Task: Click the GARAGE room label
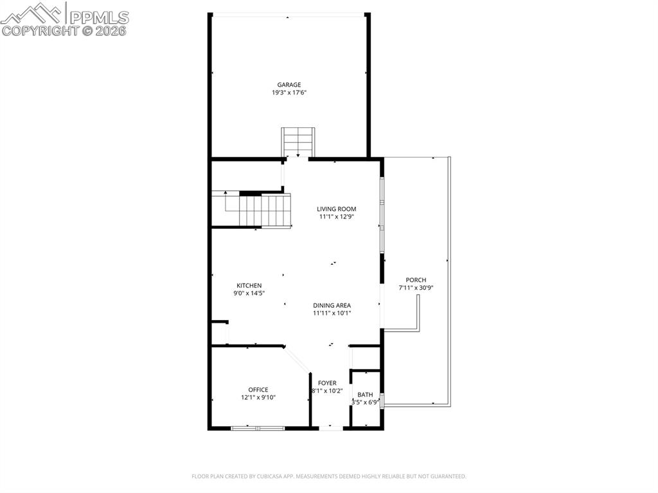(289, 84)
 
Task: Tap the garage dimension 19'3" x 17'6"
(289, 93)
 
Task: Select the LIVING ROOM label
(336, 209)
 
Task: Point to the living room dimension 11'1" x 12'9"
(336, 217)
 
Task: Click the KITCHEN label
(249, 285)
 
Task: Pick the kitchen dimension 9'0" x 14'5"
(249, 293)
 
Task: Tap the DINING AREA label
(332, 305)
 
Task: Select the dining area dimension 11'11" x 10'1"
(332, 313)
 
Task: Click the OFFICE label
(258, 390)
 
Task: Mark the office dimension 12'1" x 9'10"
(258, 397)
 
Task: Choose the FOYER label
(327, 383)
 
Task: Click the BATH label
(365, 395)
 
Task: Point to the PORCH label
(416, 280)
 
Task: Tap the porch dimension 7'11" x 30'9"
(416, 287)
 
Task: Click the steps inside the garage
(298, 141)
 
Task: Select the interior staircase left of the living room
(265, 210)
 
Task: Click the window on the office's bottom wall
(257, 427)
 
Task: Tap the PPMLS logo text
(99, 17)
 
